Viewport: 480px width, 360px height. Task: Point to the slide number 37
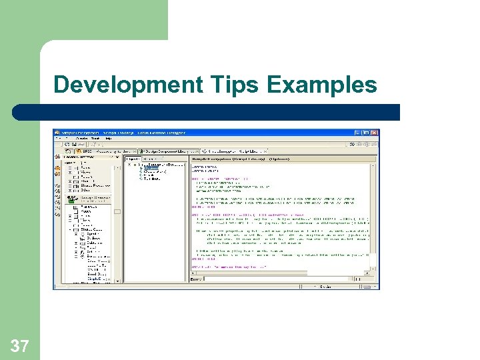(19, 345)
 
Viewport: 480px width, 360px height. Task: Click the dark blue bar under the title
(220, 112)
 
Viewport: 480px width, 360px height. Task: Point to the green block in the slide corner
(83, 20)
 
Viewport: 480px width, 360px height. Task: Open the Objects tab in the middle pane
(133, 159)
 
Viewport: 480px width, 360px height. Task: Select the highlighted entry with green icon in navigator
(93, 198)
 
